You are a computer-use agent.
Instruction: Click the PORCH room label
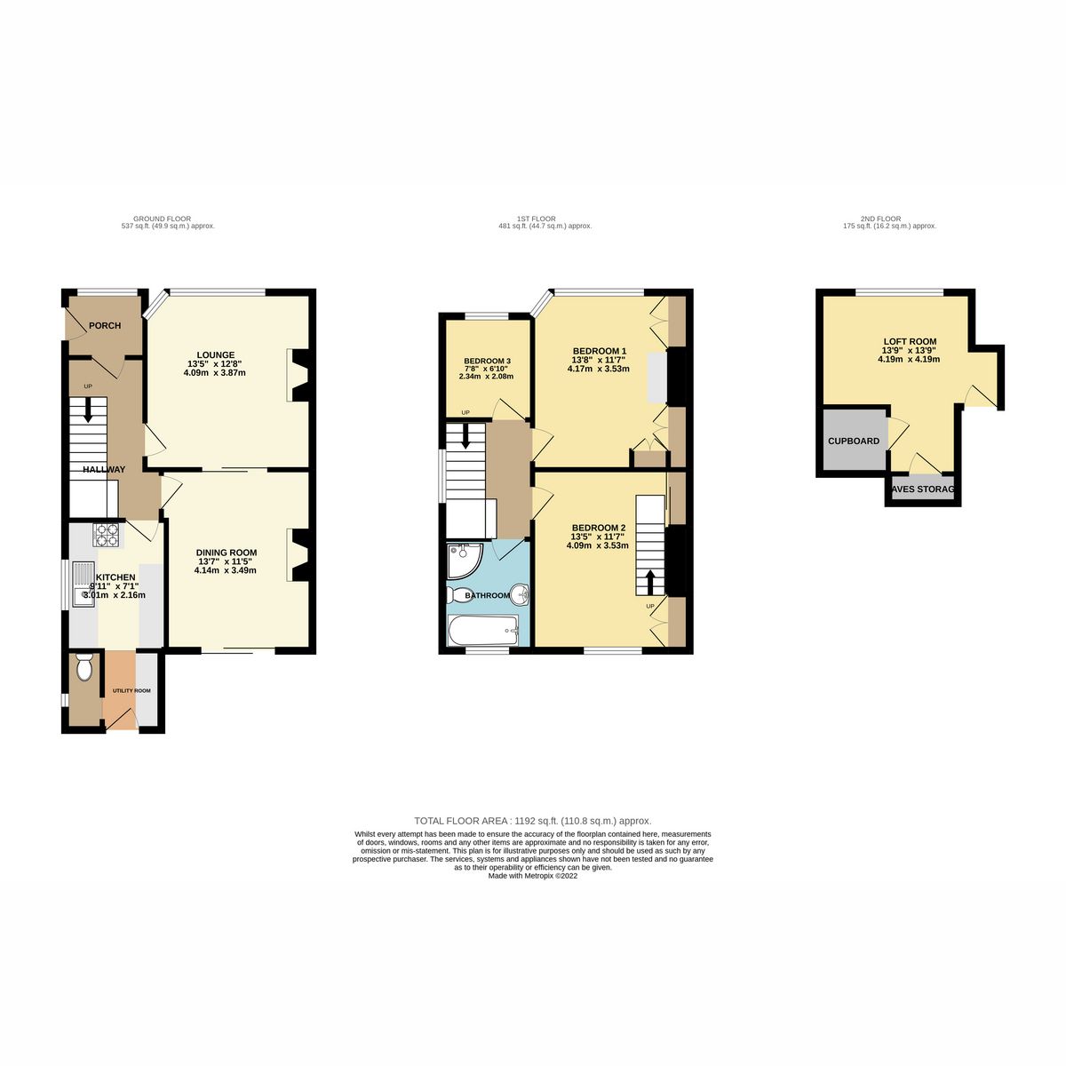coord(104,326)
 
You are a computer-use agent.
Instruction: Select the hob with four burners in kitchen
coord(107,535)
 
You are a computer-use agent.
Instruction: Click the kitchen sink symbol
coord(84,586)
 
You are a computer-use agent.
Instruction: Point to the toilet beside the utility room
coord(84,668)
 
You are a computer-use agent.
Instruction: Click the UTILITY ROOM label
coord(131,690)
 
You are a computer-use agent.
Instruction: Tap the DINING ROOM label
coord(227,553)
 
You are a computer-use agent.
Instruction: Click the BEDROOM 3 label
coord(487,361)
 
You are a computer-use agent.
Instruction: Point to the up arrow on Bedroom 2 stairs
coord(650,582)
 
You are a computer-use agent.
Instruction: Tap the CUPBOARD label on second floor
coord(854,442)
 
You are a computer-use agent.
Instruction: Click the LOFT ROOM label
coord(909,341)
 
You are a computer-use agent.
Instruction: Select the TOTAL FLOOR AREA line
coord(533,821)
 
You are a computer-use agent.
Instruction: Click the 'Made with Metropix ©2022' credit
coord(533,876)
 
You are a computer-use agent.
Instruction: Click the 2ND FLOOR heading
coord(880,219)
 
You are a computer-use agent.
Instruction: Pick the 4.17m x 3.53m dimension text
coord(600,369)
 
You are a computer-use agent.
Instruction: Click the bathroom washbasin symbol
coord(519,594)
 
